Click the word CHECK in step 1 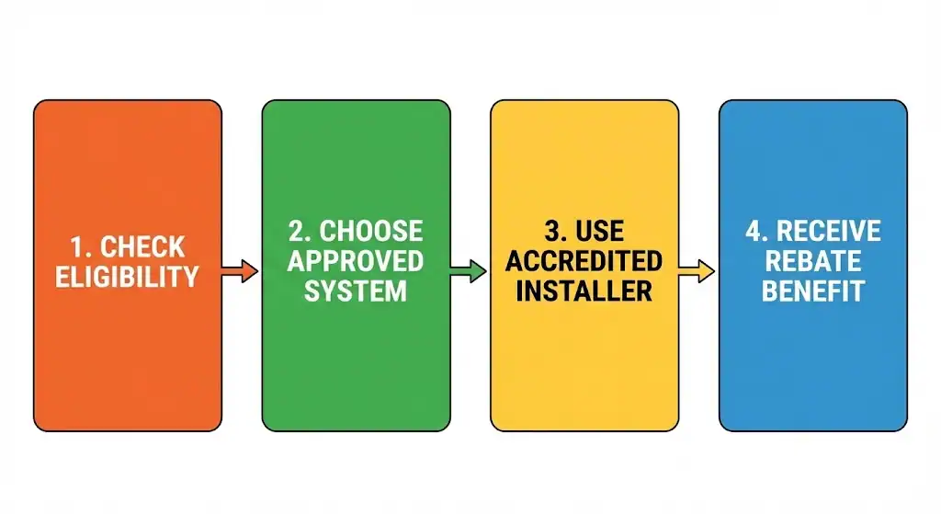142,247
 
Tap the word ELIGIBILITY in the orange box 127,277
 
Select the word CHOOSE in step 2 371,231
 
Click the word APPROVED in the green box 356,260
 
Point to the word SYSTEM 356,291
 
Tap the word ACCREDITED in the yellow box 584,260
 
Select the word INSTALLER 584,291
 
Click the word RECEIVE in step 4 829,231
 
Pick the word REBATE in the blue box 813,260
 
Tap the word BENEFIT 813,291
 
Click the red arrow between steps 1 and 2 240,271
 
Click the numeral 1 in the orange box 78,247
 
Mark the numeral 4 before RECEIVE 754,231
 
